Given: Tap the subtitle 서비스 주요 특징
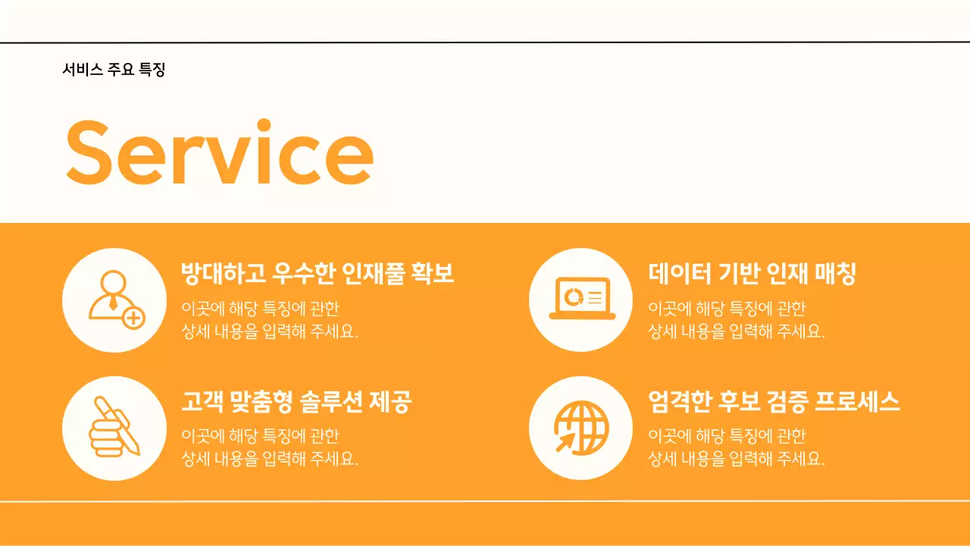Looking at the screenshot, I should click(114, 70).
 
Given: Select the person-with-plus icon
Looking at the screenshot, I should click(114, 300).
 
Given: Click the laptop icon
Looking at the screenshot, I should click(581, 299).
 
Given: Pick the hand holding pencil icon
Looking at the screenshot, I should click(114, 428).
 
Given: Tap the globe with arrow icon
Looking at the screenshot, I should click(581, 428).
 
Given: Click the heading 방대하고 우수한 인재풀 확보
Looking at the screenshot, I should click(318, 273).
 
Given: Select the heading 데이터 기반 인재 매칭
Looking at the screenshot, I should click(752, 273).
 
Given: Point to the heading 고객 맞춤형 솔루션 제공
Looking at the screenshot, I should click(296, 402).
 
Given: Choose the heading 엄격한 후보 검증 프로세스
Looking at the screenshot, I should click(774, 402).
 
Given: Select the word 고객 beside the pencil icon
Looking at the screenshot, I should click(200, 402).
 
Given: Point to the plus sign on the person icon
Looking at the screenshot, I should click(134, 318).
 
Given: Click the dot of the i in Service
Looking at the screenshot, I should click(264, 124).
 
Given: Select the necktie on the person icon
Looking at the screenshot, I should click(112, 303).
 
